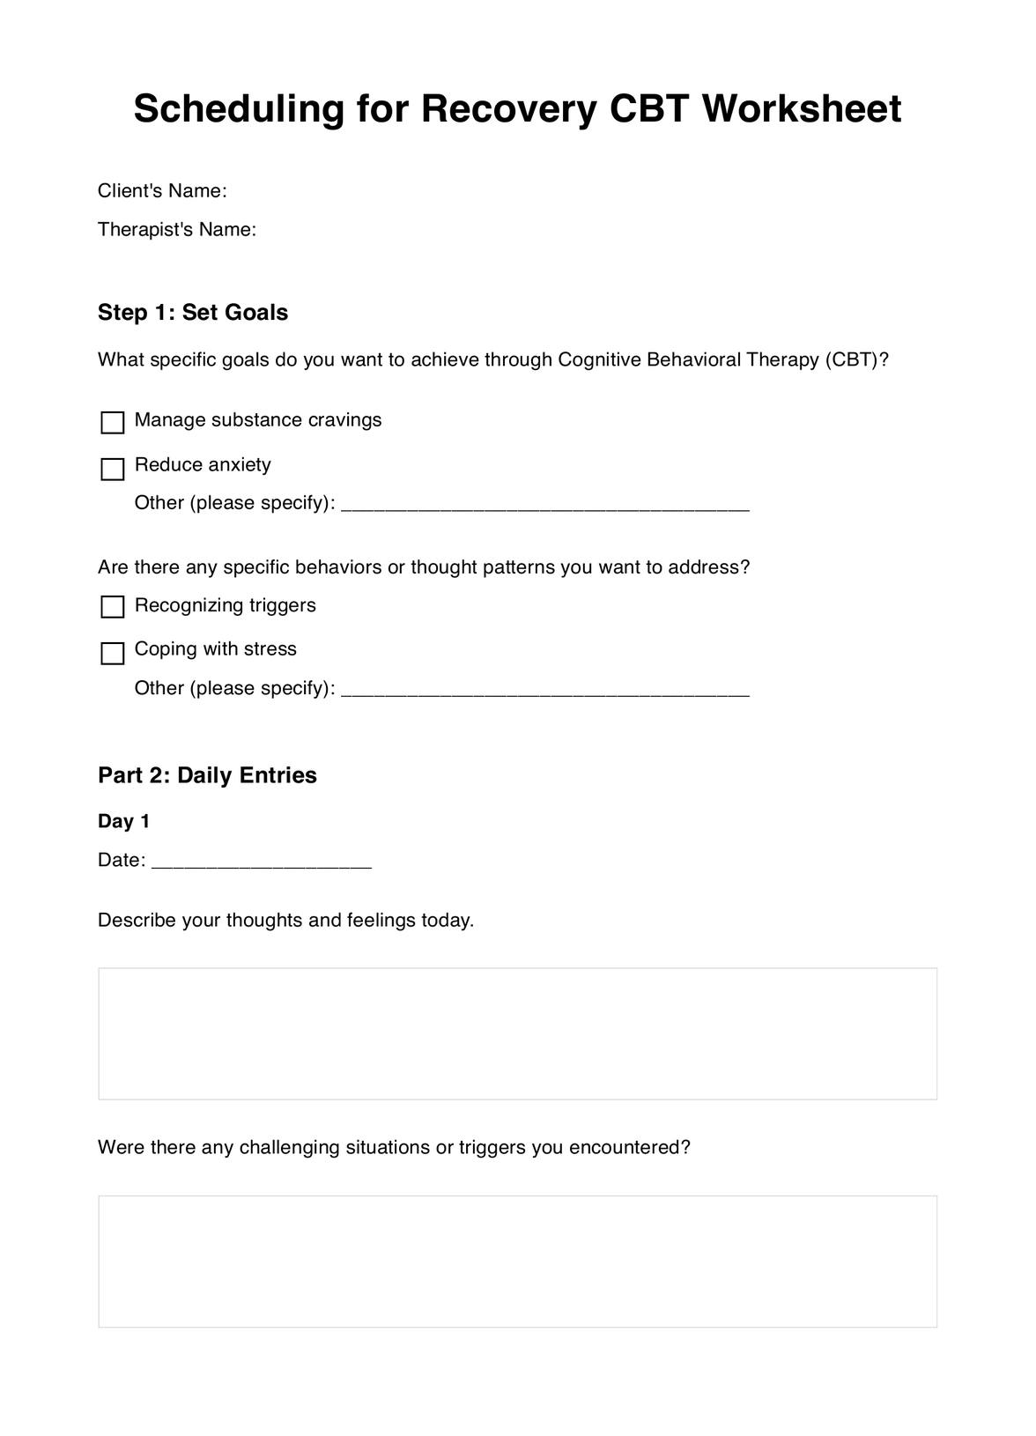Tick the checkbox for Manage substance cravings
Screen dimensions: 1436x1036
pyautogui.click(x=113, y=423)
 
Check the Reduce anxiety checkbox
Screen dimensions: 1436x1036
pyautogui.click(x=113, y=469)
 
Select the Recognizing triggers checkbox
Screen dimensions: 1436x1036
pyautogui.click(x=113, y=607)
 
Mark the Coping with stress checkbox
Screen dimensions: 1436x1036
pyautogui.click(x=113, y=653)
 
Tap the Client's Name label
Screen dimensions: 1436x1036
pyautogui.click(x=162, y=191)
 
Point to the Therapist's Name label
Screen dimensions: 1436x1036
pyautogui.click(x=177, y=230)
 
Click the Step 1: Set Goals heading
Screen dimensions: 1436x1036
pyautogui.click(x=193, y=313)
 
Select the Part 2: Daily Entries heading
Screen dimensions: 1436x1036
pyautogui.click(x=207, y=775)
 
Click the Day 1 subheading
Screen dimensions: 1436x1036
pyautogui.click(x=124, y=821)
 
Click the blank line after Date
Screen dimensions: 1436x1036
pyautogui.click(x=262, y=862)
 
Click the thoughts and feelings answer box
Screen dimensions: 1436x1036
pyautogui.click(x=517, y=1033)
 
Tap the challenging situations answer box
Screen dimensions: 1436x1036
pyautogui.click(x=517, y=1261)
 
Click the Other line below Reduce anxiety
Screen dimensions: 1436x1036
pyautogui.click(x=544, y=505)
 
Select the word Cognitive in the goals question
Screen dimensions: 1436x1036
pyautogui.click(x=599, y=360)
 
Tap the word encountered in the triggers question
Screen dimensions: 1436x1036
pyautogui.click(x=629, y=1148)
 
